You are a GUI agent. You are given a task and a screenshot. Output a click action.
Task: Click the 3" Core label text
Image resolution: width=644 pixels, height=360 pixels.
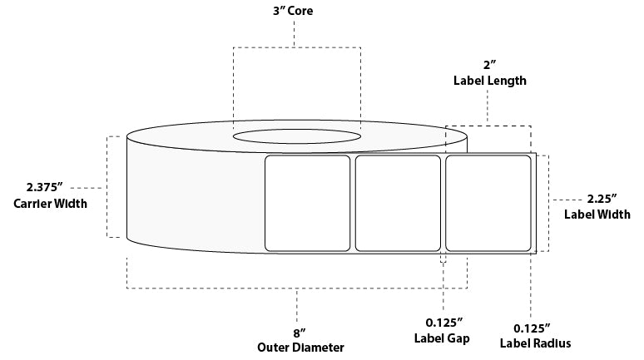pyautogui.click(x=295, y=12)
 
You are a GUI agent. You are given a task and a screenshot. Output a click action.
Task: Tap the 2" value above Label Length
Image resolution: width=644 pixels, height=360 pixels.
pyautogui.click(x=490, y=66)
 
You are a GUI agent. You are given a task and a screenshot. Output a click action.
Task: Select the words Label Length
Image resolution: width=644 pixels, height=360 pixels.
pyautogui.click(x=490, y=81)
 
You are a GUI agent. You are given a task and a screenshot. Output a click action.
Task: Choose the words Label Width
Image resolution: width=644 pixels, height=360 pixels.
pyautogui.click(x=595, y=215)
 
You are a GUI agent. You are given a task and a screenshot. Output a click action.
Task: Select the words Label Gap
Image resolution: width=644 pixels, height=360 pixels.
pyautogui.click(x=442, y=339)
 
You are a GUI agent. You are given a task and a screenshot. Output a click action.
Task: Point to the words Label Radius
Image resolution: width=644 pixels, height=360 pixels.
pyautogui.click(x=534, y=343)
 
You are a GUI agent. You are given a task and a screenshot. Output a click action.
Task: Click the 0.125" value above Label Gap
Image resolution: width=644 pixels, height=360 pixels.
pyautogui.click(x=442, y=323)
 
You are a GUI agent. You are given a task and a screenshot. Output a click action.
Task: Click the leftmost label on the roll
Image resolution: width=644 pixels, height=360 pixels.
pyautogui.click(x=307, y=202)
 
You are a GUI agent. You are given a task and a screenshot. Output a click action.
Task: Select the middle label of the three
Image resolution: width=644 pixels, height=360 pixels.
pyautogui.click(x=398, y=202)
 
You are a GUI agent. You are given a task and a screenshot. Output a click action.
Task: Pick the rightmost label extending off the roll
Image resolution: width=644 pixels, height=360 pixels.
pyautogui.click(x=488, y=202)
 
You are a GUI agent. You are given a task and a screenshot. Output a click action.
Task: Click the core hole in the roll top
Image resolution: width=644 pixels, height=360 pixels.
pyautogui.click(x=296, y=135)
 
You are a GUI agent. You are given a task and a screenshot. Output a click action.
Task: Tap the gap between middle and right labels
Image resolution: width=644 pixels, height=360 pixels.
pyautogui.click(x=443, y=202)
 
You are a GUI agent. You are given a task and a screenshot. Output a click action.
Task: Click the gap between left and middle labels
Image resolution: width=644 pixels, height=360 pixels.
pyautogui.click(x=353, y=202)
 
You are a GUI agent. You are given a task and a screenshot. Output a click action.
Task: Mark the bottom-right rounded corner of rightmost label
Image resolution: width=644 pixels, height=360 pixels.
pyautogui.click(x=528, y=247)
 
